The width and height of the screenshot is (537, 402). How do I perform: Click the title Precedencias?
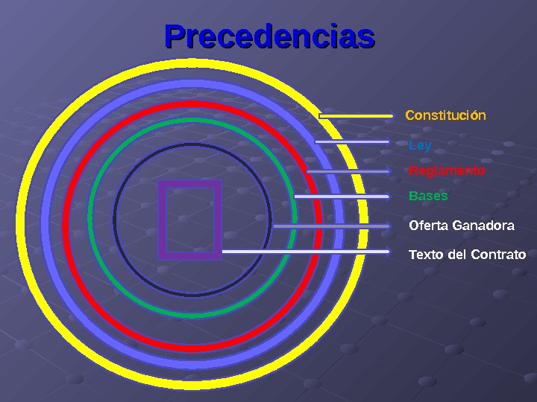coord(269,36)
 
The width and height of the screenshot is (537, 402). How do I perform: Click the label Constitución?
coord(445,115)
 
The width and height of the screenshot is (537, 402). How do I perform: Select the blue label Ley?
coord(420,145)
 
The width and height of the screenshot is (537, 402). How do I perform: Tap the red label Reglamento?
coord(447,171)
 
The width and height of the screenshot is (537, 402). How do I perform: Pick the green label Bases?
coord(428,197)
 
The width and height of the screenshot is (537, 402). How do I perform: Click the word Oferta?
coord(427,225)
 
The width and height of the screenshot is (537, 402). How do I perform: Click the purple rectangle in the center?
coord(189,220)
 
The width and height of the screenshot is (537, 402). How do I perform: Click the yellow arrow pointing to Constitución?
coord(356,116)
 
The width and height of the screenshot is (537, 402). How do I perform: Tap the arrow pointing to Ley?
coord(352,141)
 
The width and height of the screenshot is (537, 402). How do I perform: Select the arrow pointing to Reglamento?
coord(348,171)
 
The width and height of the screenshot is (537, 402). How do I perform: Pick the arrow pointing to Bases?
coord(342,197)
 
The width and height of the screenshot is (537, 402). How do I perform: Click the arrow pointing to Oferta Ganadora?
coord(332,226)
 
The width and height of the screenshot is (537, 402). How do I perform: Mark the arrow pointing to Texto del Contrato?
coord(306,252)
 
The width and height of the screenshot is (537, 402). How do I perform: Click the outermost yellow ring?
coord(22,223)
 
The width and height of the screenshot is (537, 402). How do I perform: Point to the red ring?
coord(67,223)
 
